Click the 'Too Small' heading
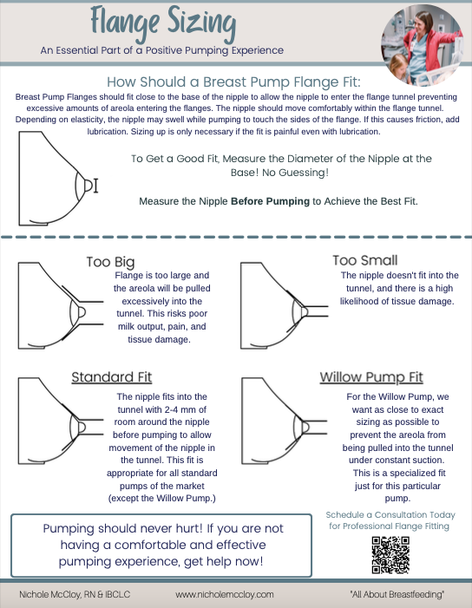[x=365, y=260]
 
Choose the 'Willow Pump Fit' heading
[x=370, y=377]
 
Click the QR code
[x=389, y=554]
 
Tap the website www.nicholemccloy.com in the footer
[x=225, y=595]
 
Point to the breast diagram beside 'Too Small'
[x=282, y=308]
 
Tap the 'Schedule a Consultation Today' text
[x=392, y=515]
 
